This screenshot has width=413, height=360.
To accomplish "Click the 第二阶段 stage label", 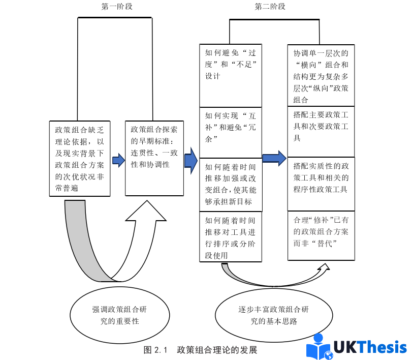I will pos(270,7).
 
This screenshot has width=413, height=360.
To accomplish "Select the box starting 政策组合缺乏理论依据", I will pos(80,158).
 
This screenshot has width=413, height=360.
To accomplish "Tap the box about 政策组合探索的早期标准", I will pos(154,158).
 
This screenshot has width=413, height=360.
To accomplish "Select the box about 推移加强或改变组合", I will pos(231,184).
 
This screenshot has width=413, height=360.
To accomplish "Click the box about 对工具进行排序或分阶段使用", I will pos(231,236).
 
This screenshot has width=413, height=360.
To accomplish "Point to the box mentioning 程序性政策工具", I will pos(321,183).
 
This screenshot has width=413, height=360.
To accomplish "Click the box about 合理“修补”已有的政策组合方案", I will pos(321,235).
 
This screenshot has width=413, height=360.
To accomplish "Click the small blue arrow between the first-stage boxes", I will pos(118,161).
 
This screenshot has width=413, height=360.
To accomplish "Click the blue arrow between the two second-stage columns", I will pos(274,158).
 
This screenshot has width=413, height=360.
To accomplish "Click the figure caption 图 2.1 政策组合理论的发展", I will pos(200,350).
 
